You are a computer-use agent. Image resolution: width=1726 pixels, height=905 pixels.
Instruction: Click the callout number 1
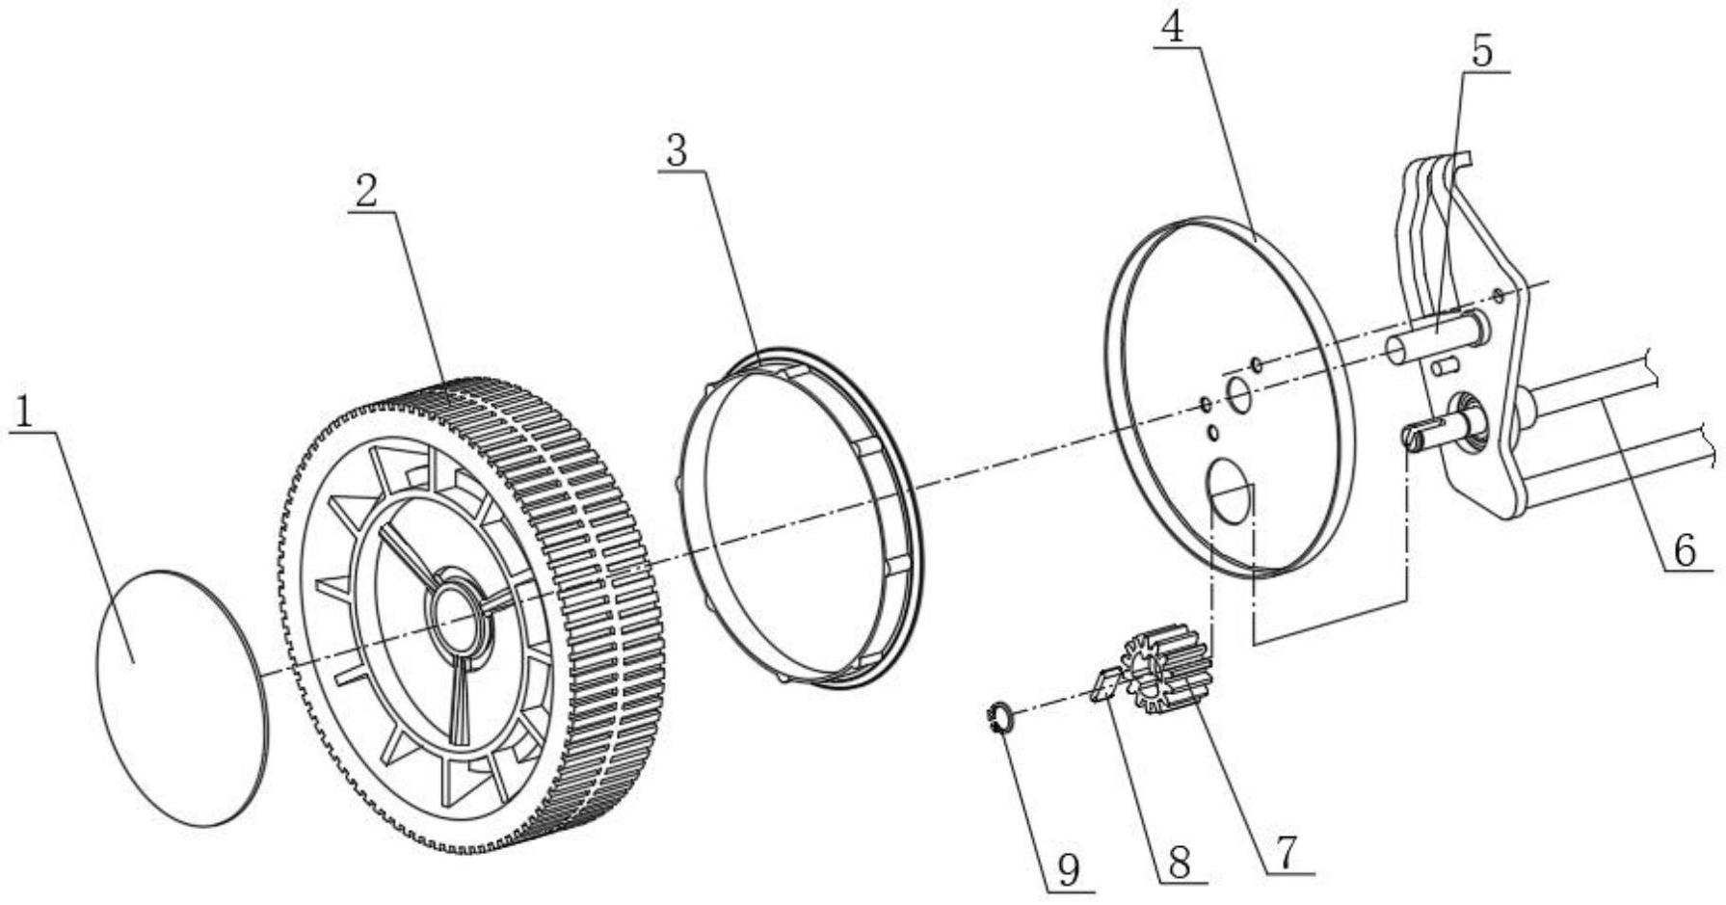click(24, 412)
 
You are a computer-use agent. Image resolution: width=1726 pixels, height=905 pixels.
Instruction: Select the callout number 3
click(677, 151)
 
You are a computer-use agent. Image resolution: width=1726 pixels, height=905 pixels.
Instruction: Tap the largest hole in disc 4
click(1229, 492)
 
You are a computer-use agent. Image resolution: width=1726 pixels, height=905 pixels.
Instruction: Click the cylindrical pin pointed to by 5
click(1436, 342)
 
